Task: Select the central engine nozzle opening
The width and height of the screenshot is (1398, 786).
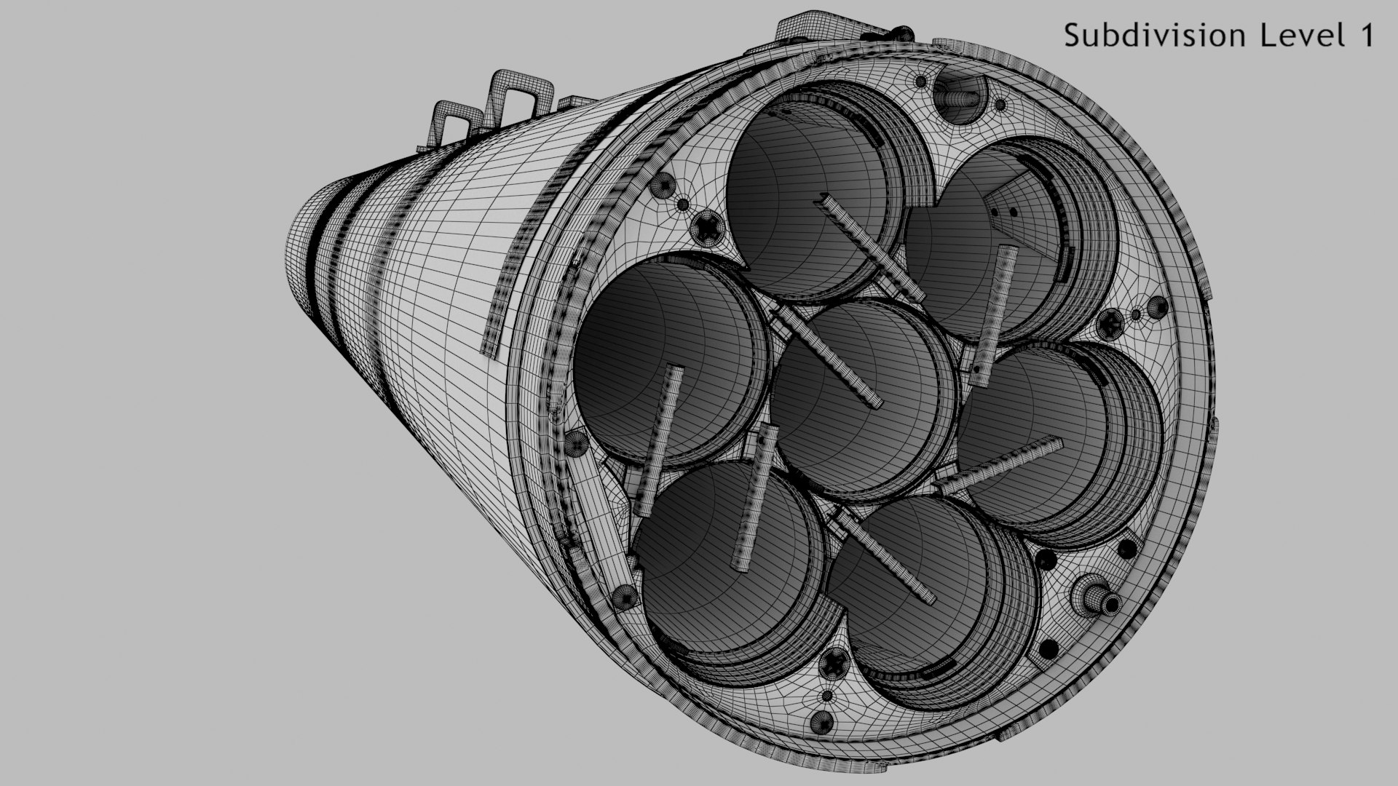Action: pyautogui.click(x=859, y=400)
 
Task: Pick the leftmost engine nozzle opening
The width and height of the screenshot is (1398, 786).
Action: pyautogui.click(x=663, y=357)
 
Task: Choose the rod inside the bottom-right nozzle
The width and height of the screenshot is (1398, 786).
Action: pyautogui.click(x=888, y=560)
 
